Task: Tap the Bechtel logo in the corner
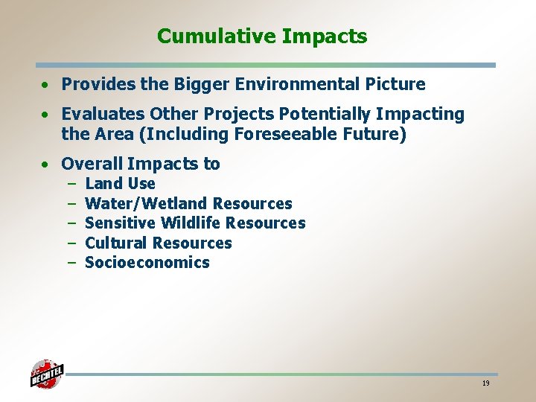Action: [x=47, y=374]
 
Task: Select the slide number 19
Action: [x=485, y=383]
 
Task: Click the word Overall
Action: [x=92, y=164]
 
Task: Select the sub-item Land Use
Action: [x=120, y=184]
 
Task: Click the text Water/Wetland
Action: [x=146, y=203]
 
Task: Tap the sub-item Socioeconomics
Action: [x=147, y=263]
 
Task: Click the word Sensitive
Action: [x=121, y=223]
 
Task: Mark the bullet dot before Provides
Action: [x=45, y=85]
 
